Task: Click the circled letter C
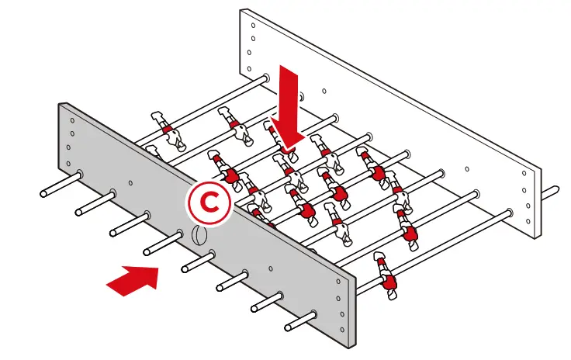(207, 202)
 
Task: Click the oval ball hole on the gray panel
(199, 236)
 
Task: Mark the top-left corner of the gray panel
(59, 103)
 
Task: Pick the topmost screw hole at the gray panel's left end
(72, 121)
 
